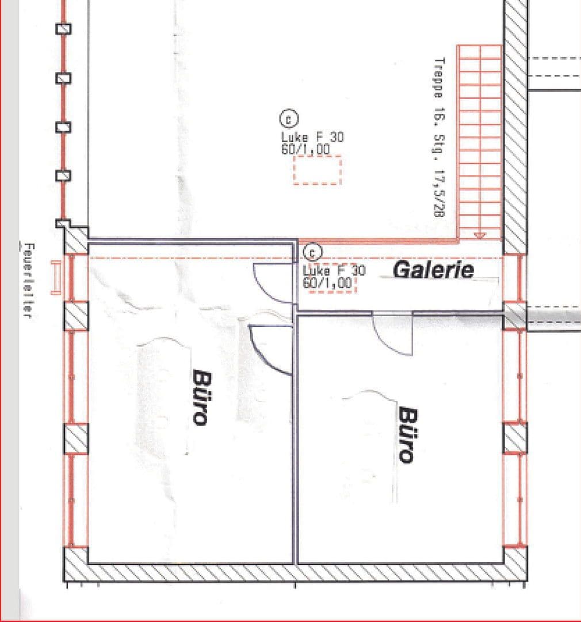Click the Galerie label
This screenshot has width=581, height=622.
tap(434, 270)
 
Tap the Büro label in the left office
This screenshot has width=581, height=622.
tap(200, 397)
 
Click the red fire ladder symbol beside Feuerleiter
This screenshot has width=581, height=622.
tap(56, 277)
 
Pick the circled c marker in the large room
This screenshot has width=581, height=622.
tap(288, 119)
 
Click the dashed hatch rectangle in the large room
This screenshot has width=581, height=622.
tap(318, 170)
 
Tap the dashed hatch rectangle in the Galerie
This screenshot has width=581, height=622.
tap(332, 285)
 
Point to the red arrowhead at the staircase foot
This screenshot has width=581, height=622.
tap(479, 234)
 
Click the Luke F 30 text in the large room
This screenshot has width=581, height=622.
tap(312, 138)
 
